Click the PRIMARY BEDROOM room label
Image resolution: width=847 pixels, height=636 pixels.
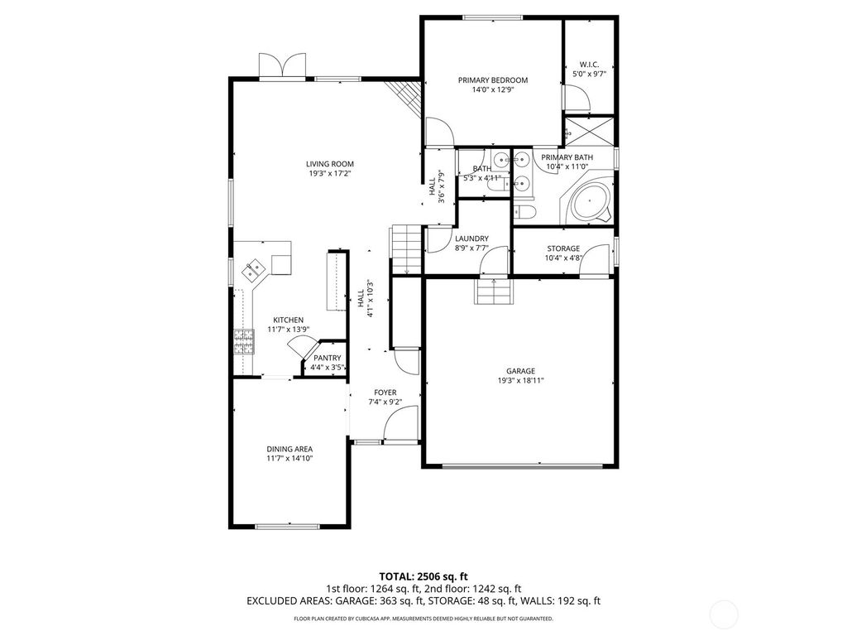coord(493,80)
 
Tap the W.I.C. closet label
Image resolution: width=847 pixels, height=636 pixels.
coord(589,64)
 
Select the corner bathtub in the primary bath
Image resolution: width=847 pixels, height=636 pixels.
coord(588,202)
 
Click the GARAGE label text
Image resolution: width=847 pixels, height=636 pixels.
coord(520,371)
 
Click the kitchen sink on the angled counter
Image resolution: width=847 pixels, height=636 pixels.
coord(253,268)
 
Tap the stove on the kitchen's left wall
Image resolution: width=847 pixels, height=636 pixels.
coord(243,341)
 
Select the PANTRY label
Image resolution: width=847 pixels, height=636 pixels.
coord(327,358)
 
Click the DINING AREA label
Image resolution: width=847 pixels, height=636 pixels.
coord(290,449)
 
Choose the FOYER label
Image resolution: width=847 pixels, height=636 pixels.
coord(385,393)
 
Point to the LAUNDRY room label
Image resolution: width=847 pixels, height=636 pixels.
coord(471,238)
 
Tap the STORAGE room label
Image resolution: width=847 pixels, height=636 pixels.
coord(563,248)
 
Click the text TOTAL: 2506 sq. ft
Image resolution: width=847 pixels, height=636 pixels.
coord(423,576)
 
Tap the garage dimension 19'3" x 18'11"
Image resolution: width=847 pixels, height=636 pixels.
coord(520,381)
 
